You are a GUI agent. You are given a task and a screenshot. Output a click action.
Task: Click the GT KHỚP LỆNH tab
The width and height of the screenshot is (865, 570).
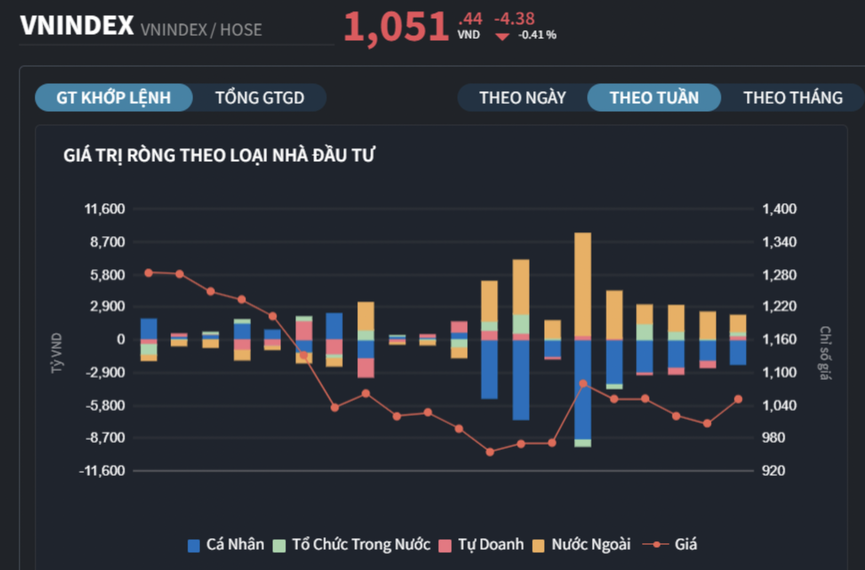(x=113, y=97)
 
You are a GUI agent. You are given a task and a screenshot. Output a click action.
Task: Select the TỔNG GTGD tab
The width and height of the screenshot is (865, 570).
(x=259, y=97)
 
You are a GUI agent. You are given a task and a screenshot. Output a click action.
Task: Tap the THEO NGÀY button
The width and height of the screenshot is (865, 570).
(x=522, y=97)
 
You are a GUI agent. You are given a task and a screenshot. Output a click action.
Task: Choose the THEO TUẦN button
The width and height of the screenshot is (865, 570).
(x=654, y=97)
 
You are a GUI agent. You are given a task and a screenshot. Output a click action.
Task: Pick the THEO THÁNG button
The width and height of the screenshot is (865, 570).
(x=793, y=97)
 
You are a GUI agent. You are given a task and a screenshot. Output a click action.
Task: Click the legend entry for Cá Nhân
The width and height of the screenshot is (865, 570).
(x=226, y=544)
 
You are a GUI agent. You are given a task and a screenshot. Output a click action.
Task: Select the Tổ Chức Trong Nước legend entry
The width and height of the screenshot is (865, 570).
(x=352, y=544)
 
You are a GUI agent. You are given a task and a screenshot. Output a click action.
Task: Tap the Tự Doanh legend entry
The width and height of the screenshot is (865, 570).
(x=481, y=544)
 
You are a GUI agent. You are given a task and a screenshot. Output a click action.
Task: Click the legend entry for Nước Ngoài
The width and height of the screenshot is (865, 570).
(x=582, y=544)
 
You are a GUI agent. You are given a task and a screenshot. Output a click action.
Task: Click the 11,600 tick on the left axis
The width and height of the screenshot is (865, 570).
(x=105, y=209)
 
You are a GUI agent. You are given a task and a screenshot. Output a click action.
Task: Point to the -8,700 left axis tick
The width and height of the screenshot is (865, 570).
(x=105, y=438)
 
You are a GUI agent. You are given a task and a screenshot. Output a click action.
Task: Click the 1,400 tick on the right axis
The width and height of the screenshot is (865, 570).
(x=779, y=209)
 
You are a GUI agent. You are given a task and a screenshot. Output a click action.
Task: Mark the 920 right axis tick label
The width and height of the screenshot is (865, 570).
(x=773, y=470)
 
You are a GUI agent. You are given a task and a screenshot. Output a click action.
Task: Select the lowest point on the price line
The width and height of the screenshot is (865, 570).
(x=490, y=452)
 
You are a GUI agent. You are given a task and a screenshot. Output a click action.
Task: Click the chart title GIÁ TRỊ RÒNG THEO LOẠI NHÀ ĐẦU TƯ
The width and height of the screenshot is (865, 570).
(x=219, y=155)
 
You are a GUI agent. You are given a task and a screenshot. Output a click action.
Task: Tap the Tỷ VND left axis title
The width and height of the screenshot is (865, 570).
(x=57, y=353)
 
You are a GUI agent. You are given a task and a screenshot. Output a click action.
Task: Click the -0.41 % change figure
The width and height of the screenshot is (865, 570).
(x=537, y=35)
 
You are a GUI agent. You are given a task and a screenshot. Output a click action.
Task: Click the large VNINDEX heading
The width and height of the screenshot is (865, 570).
(x=77, y=26)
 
